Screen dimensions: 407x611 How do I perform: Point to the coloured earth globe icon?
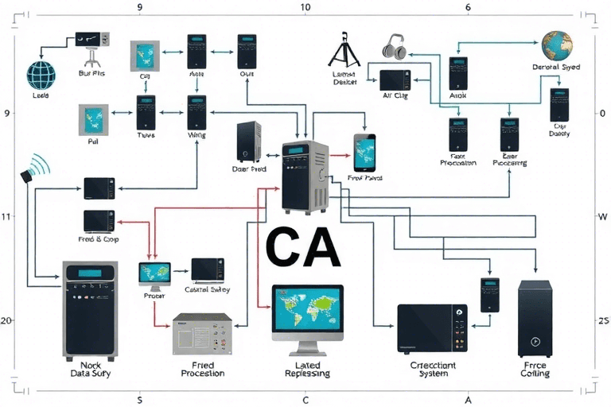[x=558, y=45]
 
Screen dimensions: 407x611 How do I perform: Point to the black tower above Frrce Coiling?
[x=535, y=318]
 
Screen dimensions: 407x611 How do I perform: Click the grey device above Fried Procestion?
[x=202, y=334]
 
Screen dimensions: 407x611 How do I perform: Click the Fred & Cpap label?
[x=99, y=238]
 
